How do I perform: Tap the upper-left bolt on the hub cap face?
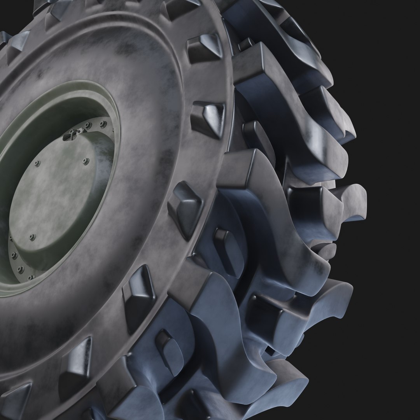click(x=37, y=163)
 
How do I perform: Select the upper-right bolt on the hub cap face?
click(x=86, y=161)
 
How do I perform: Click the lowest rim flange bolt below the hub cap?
click(x=30, y=277)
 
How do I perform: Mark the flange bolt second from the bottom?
click(x=20, y=269)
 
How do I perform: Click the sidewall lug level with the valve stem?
click(x=208, y=119)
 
